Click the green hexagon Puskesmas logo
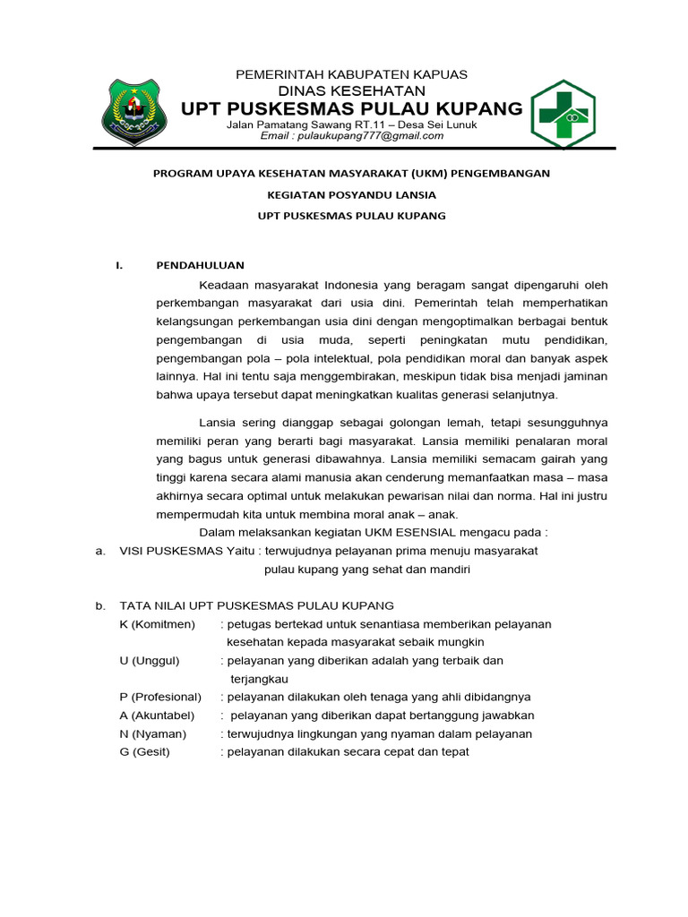coord(563,114)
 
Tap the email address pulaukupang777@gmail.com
coord(352,136)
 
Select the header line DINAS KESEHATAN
coord(351,90)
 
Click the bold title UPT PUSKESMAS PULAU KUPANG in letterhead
coord(351,109)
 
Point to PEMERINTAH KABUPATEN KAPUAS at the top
coord(351,74)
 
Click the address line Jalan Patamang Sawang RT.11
coord(351,124)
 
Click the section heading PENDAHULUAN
coord(200,265)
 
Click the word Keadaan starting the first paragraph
coord(222,285)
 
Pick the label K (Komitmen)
coord(157,624)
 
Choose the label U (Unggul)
coord(150,661)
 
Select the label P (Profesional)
coord(160,697)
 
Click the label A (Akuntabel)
coord(159,716)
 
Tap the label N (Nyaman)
coord(152,733)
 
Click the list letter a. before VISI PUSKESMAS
coord(100,552)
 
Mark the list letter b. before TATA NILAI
coord(100,606)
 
